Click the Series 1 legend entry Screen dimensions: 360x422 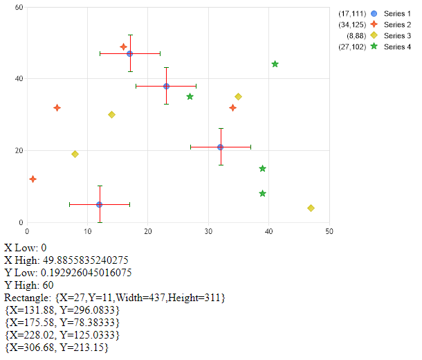(x=397, y=14)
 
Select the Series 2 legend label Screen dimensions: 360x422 (x=397, y=25)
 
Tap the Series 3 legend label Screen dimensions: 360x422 (x=397, y=36)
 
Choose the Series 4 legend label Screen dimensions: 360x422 (x=397, y=47)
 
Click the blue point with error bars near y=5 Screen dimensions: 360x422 (x=99, y=204)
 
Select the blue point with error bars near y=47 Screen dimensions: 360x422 (x=129, y=53)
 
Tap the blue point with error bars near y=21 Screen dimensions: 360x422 (x=220, y=147)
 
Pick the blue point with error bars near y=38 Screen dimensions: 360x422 (x=166, y=86)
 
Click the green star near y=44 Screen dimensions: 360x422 (x=275, y=64)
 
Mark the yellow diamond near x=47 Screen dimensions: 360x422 (x=311, y=208)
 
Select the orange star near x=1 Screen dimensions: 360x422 (x=33, y=179)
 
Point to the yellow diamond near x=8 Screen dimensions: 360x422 (x=75, y=154)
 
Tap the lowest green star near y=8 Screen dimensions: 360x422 (x=262, y=193)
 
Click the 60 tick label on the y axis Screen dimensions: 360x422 (x=20, y=8)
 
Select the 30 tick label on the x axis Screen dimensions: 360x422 (x=208, y=231)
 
